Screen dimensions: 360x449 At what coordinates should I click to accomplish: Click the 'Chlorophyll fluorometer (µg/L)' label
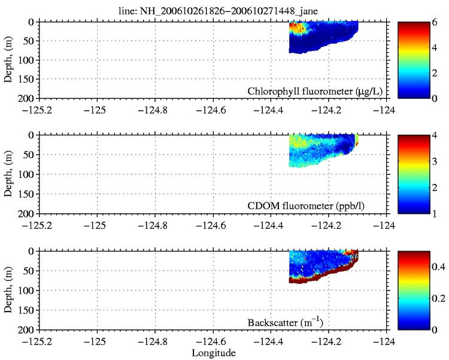click(315, 91)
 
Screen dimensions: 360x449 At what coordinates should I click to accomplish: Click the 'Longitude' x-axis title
click(213, 353)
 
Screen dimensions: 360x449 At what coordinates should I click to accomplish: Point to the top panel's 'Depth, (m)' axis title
click(10, 59)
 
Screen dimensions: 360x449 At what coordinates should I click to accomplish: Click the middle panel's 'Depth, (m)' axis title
click(10, 174)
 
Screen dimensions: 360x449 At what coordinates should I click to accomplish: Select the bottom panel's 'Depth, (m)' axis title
click(10, 290)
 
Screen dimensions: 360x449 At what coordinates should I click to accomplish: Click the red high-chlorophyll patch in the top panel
click(296, 27)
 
